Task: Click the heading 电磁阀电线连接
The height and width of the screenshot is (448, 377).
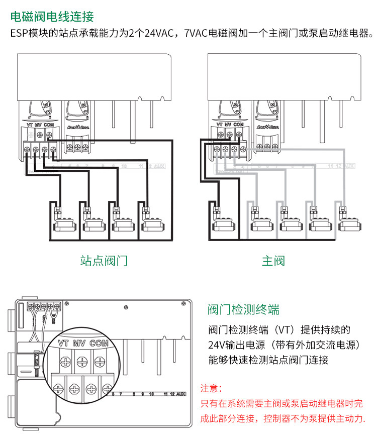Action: pos(52,17)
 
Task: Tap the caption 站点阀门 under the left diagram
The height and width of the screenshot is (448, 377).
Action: pos(104,261)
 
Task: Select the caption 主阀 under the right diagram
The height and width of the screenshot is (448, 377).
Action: pos(273,261)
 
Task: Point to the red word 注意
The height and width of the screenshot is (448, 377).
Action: pos(211,389)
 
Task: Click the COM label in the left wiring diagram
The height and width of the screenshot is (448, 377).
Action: pos(49,125)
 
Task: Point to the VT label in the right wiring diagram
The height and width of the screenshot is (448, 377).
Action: pos(219,124)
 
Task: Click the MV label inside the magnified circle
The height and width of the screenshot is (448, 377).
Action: pos(79,344)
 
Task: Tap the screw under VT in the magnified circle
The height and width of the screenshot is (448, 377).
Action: pos(66,360)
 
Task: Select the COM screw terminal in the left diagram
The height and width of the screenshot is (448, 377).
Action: pos(48,134)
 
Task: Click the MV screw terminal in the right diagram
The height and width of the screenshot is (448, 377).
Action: pos(229,134)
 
